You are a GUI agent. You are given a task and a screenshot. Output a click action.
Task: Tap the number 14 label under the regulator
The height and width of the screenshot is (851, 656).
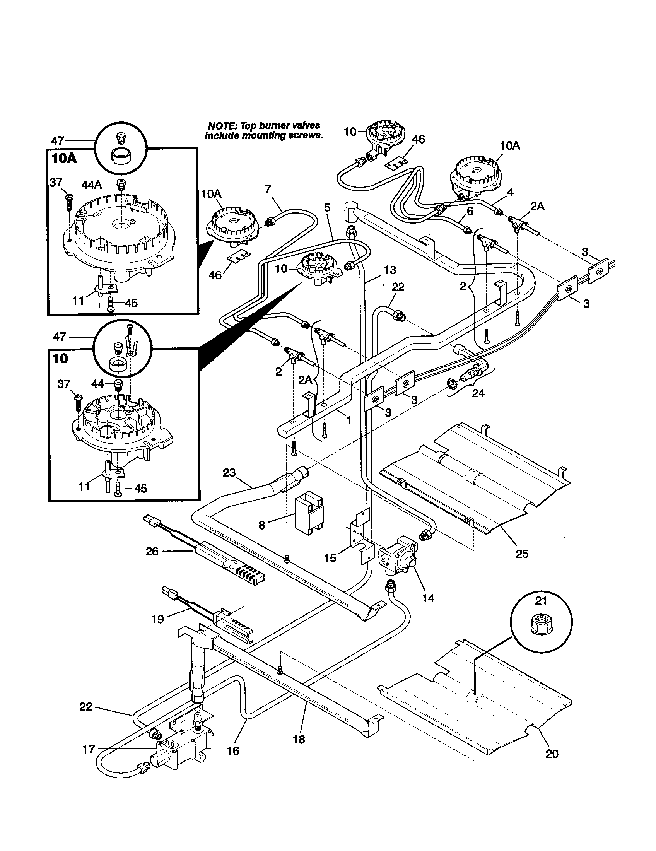(x=428, y=598)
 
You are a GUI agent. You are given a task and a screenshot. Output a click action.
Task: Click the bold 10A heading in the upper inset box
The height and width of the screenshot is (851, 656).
(x=63, y=159)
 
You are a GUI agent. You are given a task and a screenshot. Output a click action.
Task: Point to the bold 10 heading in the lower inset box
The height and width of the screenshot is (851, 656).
(x=60, y=358)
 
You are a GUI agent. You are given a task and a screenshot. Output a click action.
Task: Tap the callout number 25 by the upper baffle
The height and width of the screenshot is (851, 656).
(x=522, y=554)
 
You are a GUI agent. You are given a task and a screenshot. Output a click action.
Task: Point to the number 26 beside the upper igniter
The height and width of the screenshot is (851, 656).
(x=152, y=551)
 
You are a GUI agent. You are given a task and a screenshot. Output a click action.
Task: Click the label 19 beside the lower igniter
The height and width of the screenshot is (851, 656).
(x=157, y=619)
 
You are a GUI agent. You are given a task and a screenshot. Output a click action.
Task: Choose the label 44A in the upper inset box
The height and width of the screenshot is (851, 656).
(x=92, y=185)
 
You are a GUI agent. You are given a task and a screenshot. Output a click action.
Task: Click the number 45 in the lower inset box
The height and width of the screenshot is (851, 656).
(x=140, y=488)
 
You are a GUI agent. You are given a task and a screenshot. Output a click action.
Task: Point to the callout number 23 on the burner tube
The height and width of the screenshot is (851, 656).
(x=229, y=473)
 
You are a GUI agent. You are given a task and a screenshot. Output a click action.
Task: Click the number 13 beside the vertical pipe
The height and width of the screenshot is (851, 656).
(x=389, y=270)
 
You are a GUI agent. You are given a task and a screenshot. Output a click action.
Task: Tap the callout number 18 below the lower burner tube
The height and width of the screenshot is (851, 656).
(x=299, y=739)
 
